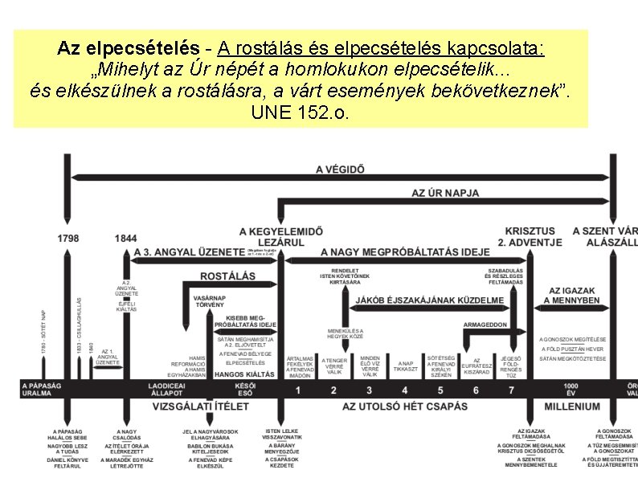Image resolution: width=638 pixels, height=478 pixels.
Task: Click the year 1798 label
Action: tap(68, 238)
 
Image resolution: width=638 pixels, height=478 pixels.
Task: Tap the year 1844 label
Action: tap(125, 238)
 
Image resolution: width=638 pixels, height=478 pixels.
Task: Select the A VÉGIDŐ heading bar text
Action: tap(340, 170)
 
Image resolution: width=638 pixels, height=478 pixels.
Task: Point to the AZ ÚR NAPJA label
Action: tap(445, 193)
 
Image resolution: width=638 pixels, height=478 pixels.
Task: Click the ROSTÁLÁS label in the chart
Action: tap(227, 276)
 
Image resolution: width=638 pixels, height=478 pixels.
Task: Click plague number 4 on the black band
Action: tap(370, 390)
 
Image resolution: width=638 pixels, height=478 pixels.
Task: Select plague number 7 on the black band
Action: tap(511, 390)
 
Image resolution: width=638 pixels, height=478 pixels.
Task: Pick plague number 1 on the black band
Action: tap(298, 390)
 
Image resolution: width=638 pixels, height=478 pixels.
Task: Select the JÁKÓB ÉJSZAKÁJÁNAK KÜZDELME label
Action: tap(430, 300)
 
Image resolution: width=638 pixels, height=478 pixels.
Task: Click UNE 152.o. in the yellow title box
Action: tap(301, 112)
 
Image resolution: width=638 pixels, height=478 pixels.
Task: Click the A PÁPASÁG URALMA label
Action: tap(42, 390)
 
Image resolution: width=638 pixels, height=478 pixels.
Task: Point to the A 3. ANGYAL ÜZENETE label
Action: tap(189, 251)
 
